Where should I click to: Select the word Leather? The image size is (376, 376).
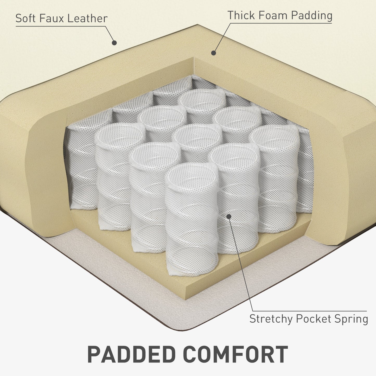(x=87, y=18)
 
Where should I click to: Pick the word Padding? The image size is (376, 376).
(x=312, y=16)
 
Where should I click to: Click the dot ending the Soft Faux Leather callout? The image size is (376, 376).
(x=114, y=43)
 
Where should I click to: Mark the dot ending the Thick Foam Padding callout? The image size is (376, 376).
(x=213, y=53)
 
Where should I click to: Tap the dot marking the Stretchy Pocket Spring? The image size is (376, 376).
(x=229, y=216)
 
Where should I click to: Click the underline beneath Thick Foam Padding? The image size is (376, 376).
(x=281, y=23)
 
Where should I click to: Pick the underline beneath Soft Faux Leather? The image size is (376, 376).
(x=61, y=26)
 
